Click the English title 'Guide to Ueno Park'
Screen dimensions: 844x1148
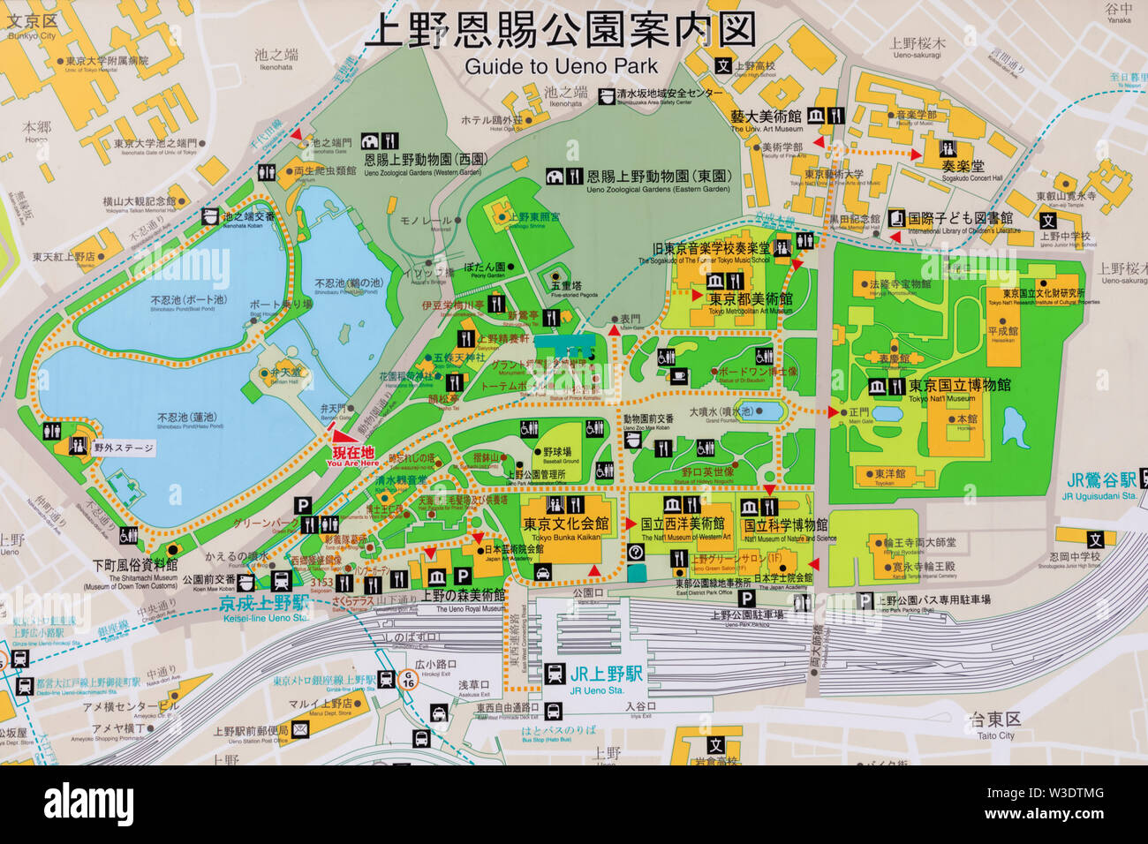(561, 66)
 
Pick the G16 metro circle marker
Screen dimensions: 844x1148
(408, 681)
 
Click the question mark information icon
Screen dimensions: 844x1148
(635, 553)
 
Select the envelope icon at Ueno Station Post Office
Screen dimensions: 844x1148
(300, 729)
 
